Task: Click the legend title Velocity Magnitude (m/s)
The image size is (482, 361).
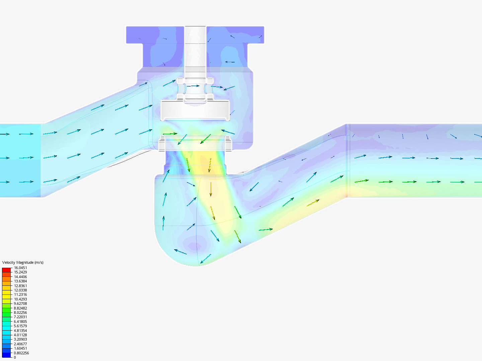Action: click(x=23, y=262)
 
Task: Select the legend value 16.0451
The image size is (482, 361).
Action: click(x=20, y=268)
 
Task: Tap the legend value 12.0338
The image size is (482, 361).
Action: click(x=20, y=290)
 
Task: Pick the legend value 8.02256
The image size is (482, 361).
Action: click(x=20, y=313)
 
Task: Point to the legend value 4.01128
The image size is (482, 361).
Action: click(x=20, y=335)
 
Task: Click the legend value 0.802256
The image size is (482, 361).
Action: click(x=21, y=353)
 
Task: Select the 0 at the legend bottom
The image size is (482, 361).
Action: click(x=15, y=357)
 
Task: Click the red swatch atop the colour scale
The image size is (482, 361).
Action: click(x=6, y=270)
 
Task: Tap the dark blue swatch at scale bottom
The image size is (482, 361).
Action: click(x=6, y=355)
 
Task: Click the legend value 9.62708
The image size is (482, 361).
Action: click(x=20, y=304)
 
